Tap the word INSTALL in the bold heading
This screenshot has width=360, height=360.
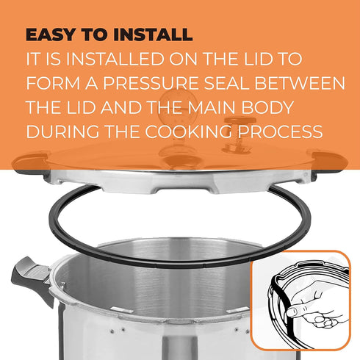tap(153, 35)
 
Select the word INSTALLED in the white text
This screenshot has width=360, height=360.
tap(116, 59)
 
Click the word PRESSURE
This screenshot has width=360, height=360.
tap(151, 83)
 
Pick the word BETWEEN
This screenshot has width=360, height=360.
tap(300, 83)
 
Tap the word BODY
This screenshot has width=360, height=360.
tap(268, 107)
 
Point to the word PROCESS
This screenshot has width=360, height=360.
tap(280, 132)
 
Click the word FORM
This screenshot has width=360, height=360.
tap(53, 83)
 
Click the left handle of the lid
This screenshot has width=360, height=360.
tap(31, 164)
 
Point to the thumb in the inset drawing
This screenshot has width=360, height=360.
tap(295, 311)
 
